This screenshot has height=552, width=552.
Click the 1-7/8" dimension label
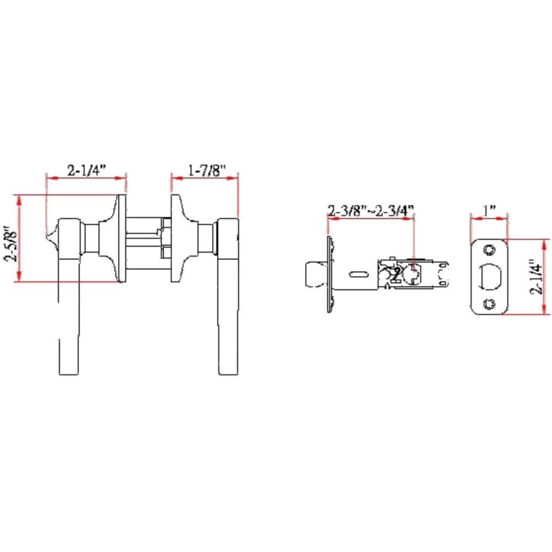click(204, 171)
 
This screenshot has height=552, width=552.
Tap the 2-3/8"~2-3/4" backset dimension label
click(370, 210)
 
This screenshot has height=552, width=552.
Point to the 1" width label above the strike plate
click(489, 210)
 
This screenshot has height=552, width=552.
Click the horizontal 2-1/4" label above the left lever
click(86, 171)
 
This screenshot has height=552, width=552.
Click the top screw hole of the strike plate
click(489, 250)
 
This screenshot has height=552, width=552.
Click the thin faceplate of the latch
click(330, 274)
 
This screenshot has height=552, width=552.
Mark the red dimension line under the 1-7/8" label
click(204, 178)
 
